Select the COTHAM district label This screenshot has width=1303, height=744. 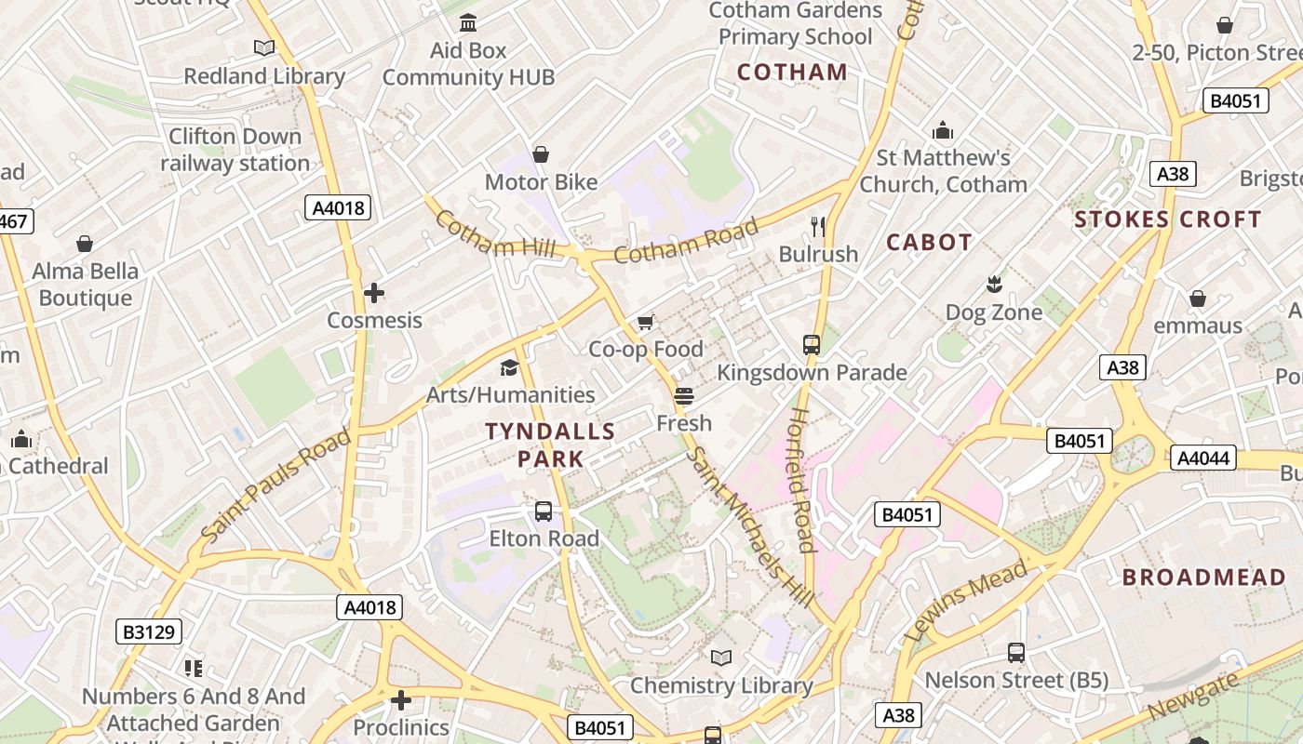point(792,73)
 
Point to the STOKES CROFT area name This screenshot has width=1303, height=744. point(1168,220)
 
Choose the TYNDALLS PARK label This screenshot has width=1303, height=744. point(550,445)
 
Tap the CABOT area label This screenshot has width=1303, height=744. point(929,243)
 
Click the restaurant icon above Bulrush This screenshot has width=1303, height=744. point(818,225)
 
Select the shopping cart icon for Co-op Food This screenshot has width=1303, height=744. point(645,322)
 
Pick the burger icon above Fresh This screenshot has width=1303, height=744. point(684,396)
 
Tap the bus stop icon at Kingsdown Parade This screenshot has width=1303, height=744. point(812,345)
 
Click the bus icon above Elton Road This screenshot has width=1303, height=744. point(544,511)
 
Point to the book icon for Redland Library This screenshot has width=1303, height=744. point(264,47)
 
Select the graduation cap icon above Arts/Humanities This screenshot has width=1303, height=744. point(509,368)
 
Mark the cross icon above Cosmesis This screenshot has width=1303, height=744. point(374,293)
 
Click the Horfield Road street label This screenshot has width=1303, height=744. point(803,479)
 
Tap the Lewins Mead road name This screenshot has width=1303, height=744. point(967,601)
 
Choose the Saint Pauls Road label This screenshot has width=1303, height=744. point(276,486)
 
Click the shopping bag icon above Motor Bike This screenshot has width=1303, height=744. point(541,154)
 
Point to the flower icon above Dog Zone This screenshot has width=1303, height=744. point(994,285)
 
